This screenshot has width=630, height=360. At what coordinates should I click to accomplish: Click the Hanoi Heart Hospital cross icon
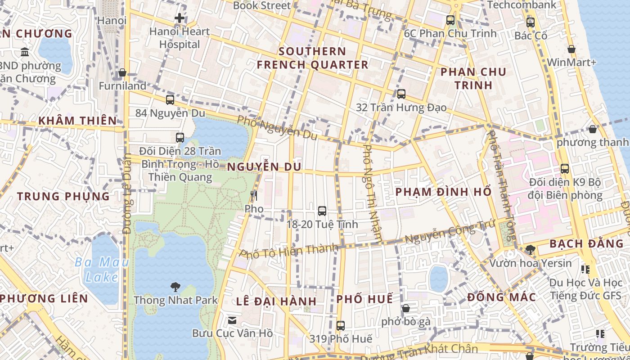click(x=180, y=18)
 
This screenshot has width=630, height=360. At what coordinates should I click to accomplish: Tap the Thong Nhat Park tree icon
click(x=175, y=287)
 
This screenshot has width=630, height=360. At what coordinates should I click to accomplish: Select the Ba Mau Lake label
click(x=102, y=269)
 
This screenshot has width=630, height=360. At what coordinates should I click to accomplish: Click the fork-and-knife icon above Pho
click(x=254, y=196)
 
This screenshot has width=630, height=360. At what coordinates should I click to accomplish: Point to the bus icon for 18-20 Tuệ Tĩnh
click(x=322, y=211)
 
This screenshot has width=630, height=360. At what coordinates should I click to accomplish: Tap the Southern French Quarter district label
click(x=312, y=58)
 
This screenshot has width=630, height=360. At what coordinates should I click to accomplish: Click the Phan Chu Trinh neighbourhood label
click(x=473, y=78)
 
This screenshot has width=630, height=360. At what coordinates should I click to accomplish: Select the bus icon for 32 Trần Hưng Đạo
click(x=401, y=94)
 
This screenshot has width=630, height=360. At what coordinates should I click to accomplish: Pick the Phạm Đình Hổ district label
click(x=443, y=192)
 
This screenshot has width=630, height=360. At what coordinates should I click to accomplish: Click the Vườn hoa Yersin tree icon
click(x=530, y=249)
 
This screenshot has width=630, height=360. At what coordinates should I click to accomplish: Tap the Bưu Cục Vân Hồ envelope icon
click(x=232, y=320)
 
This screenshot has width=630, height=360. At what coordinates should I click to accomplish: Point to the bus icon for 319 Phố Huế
click(x=341, y=325)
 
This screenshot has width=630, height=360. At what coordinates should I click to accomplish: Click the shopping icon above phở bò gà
click(x=405, y=308)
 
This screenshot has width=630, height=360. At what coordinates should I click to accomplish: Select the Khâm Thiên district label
click(x=77, y=121)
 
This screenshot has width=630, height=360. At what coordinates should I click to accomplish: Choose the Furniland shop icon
click(x=122, y=72)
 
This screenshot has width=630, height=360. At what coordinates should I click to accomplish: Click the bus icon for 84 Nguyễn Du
click(x=170, y=100)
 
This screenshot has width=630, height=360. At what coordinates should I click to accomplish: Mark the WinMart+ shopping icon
click(x=571, y=49)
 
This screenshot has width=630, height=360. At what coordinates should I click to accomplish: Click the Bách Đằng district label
click(x=587, y=244)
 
